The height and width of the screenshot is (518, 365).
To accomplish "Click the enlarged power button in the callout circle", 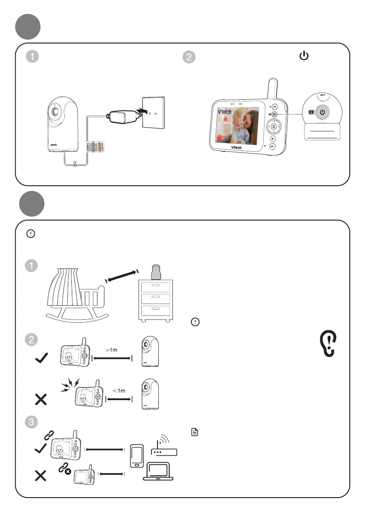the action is [322, 112].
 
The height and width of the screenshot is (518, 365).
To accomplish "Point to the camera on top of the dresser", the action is [155, 272].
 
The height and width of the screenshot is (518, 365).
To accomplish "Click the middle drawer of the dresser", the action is [155, 299].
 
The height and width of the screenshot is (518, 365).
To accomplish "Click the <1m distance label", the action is [119, 391].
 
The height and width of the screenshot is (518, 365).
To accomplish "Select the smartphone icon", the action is [137, 455].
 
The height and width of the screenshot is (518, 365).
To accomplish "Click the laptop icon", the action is [158, 472].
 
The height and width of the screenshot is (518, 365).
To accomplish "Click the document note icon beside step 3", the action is [195, 432].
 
